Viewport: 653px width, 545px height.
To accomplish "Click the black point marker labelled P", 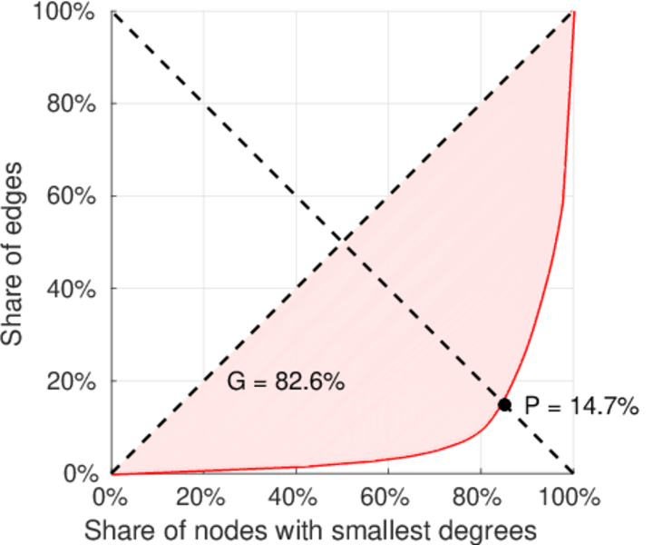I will [x=505, y=405].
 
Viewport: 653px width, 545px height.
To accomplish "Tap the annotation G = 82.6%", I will [x=285, y=382].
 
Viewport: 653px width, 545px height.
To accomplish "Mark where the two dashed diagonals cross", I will [x=342, y=242].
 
